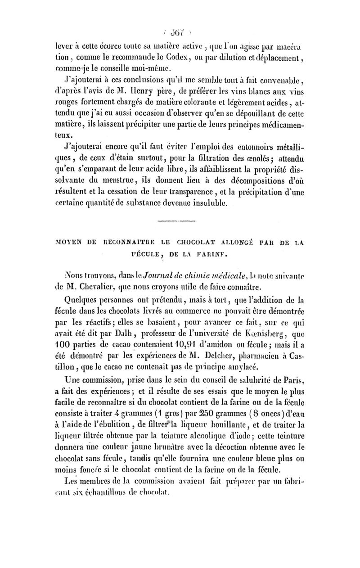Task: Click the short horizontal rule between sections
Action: coord(173,221)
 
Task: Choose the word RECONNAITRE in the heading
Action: coord(94,246)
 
